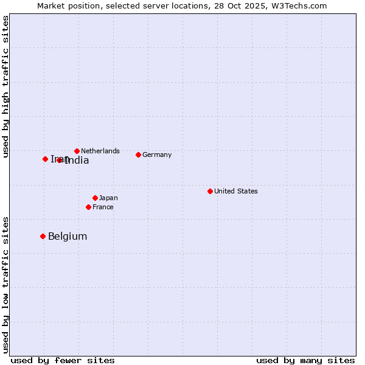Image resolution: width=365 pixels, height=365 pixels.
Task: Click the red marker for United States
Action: pyautogui.click(x=210, y=191)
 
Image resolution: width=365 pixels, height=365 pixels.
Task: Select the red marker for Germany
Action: pyautogui.click(x=138, y=155)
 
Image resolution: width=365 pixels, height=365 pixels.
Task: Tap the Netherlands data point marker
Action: pyautogui.click(x=77, y=151)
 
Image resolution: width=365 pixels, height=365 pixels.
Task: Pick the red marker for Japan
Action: pyautogui.click(x=95, y=198)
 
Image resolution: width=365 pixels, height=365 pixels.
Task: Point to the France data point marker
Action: pyautogui.click(x=88, y=207)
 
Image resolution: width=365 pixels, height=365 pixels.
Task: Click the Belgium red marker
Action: pyautogui.click(x=43, y=236)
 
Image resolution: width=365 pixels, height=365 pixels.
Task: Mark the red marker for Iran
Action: pyautogui.click(x=45, y=159)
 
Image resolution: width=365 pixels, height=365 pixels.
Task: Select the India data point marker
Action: pyautogui.click(x=59, y=160)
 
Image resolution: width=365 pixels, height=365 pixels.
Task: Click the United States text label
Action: pyautogui.click(x=235, y=191)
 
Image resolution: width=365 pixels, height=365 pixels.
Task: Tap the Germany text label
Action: pyautogui.click(x=157, y=155)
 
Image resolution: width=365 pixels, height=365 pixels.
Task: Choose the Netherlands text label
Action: pyautogui.click(x=100, y=151)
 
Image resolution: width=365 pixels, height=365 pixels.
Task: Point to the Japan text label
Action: pyautogui.click(x=108, y=198)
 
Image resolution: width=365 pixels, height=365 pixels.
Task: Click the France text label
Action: pyautogui.click(x=103, y=207)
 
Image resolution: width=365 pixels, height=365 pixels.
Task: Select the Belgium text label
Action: pyautogui.click(x=68, y=237)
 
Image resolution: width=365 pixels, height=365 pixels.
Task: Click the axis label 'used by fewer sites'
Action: pyautogui.click(x=63, y=360)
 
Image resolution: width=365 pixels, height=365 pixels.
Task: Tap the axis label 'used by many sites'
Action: pyautogui.click(x=305, y=360)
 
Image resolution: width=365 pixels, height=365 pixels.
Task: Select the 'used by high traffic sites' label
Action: pyautogui.click(x=5, y=86)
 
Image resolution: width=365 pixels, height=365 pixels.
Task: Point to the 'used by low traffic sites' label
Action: pyautogui.click(x=5, y=284)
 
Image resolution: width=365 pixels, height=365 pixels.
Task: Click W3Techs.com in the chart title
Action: pyautogui.click(x=299, y=6)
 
